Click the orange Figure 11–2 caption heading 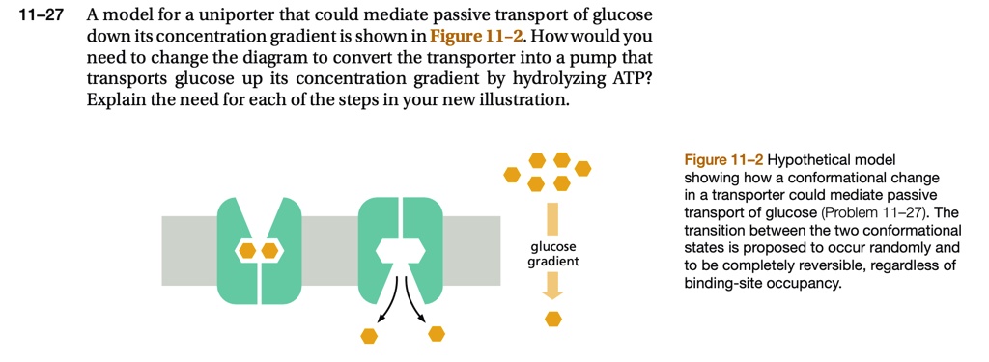coord(722,160)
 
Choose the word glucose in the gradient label coord(553,247)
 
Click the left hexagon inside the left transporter coord(247,250)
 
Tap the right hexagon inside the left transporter coord(269,250)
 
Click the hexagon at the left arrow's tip coord(368,335)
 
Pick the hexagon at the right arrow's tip coord(438,333)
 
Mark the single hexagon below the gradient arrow coord(553,318)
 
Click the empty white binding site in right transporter coord(401,250)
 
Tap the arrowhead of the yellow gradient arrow coord(553,288)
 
